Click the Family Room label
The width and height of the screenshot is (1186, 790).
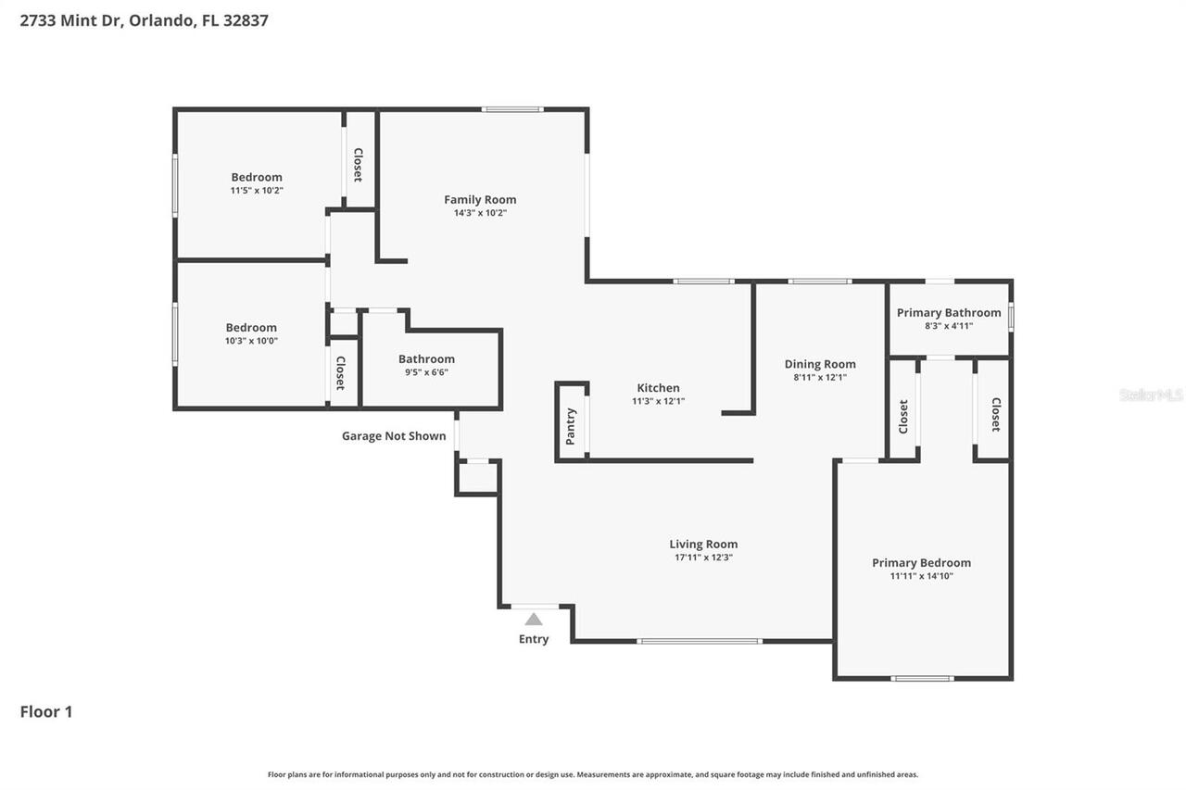click(x=480, y=199)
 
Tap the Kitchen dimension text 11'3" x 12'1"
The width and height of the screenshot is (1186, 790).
click(x=658, y=402)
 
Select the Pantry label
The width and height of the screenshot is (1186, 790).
click(x=571, y=427)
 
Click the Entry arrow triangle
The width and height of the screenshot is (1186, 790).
click(x=534, y=620)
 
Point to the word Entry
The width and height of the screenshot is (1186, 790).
click(x=534, y=639)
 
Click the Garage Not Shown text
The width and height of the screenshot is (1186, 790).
click(x=394, y=436)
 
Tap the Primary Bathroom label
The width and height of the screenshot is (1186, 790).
click(x=949, y=313)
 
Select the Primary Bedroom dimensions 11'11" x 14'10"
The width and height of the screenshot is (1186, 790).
click(x=921, y=576)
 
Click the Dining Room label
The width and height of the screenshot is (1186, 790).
click(x=820, y=364)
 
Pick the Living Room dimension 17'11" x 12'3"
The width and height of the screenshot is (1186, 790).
click(x=703, y=558)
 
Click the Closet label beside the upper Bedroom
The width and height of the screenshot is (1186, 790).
click(x=358, y=165)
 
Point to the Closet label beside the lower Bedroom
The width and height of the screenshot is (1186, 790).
click(x=340, y=372)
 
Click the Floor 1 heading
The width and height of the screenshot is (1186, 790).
click(x=46, y=712)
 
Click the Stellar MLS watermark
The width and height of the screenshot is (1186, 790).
click(x=1151, y=395)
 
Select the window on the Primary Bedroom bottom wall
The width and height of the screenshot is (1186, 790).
click(x=922, y=679)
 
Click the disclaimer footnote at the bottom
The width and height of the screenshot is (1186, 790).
click(x=593, y=774)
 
